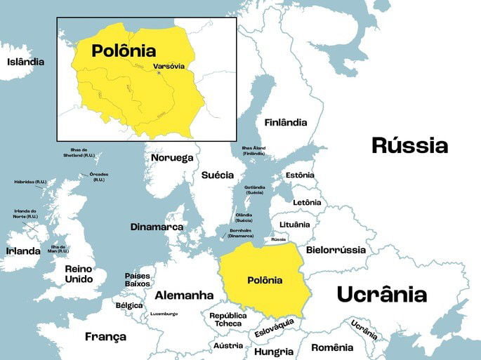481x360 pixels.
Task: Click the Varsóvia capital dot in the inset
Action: (159, 73)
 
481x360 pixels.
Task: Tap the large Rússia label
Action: (409, 145)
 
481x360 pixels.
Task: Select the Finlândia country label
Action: (286, 122)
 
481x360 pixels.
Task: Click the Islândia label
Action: (25, 62)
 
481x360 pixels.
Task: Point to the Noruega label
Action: (172, 157)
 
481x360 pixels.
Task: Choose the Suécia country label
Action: (218, 175)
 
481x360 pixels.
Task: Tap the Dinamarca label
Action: (157, 227)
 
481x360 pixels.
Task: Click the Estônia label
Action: (300, 175)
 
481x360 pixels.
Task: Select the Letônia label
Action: (307, 202)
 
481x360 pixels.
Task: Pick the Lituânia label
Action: (294, 225)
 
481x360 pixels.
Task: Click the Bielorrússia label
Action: (336, 250)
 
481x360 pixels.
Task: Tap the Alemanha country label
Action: (184, 295)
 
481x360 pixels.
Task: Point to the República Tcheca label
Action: (228, 319)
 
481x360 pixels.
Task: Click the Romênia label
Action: (332, 347)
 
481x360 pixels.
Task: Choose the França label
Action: (105, 337)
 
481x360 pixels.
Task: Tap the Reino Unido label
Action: (79, 274)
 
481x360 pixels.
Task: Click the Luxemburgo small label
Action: (164, 314)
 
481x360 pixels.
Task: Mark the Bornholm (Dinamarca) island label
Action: (240, 232)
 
